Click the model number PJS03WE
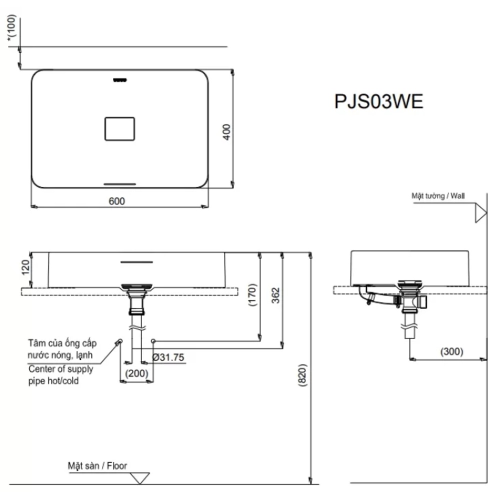[x=378, y=101]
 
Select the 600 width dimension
[x=116, y=201]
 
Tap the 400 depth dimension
[x=226, y=132]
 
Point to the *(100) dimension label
[x=11, y=27]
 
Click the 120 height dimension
[x=25, y=267]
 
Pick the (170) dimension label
[x=252, y=295]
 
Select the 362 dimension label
[x=275, y=295]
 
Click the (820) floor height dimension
[x=302, y=375]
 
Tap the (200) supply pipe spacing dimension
[x=136, y=373]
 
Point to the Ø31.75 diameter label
[x=168, y=357]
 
